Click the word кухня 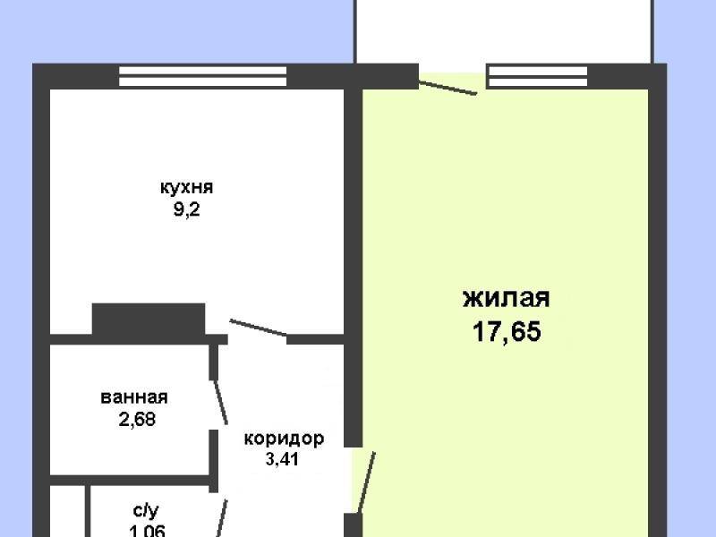pyautogui.click(x=186, y=188)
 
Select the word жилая pyautogui.click(x=506, y=298)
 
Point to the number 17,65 pyautogui.click(x=507, y=332)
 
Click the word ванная pyautogui.click(x=135, y=398)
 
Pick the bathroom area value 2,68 pyautogui.click(x=136, y=419)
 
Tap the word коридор pyautogui.click(x=283, y=439)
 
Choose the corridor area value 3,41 pyautogui.click(x=282, y=461)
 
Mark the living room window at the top pyautogui.click(x=538, y=78)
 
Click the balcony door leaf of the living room pyautogui.click(x=448, y=88)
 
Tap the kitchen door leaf pyautogui.click(x=258, y=328)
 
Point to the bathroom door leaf pyautogui.click(x=219, y=401)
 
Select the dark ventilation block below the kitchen pyautogui.click(x=149, y=320)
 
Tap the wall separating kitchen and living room pyautogui.click(x=353, y=206)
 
